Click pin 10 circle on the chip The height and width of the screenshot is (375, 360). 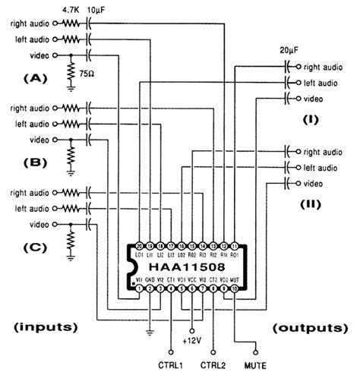235,288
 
